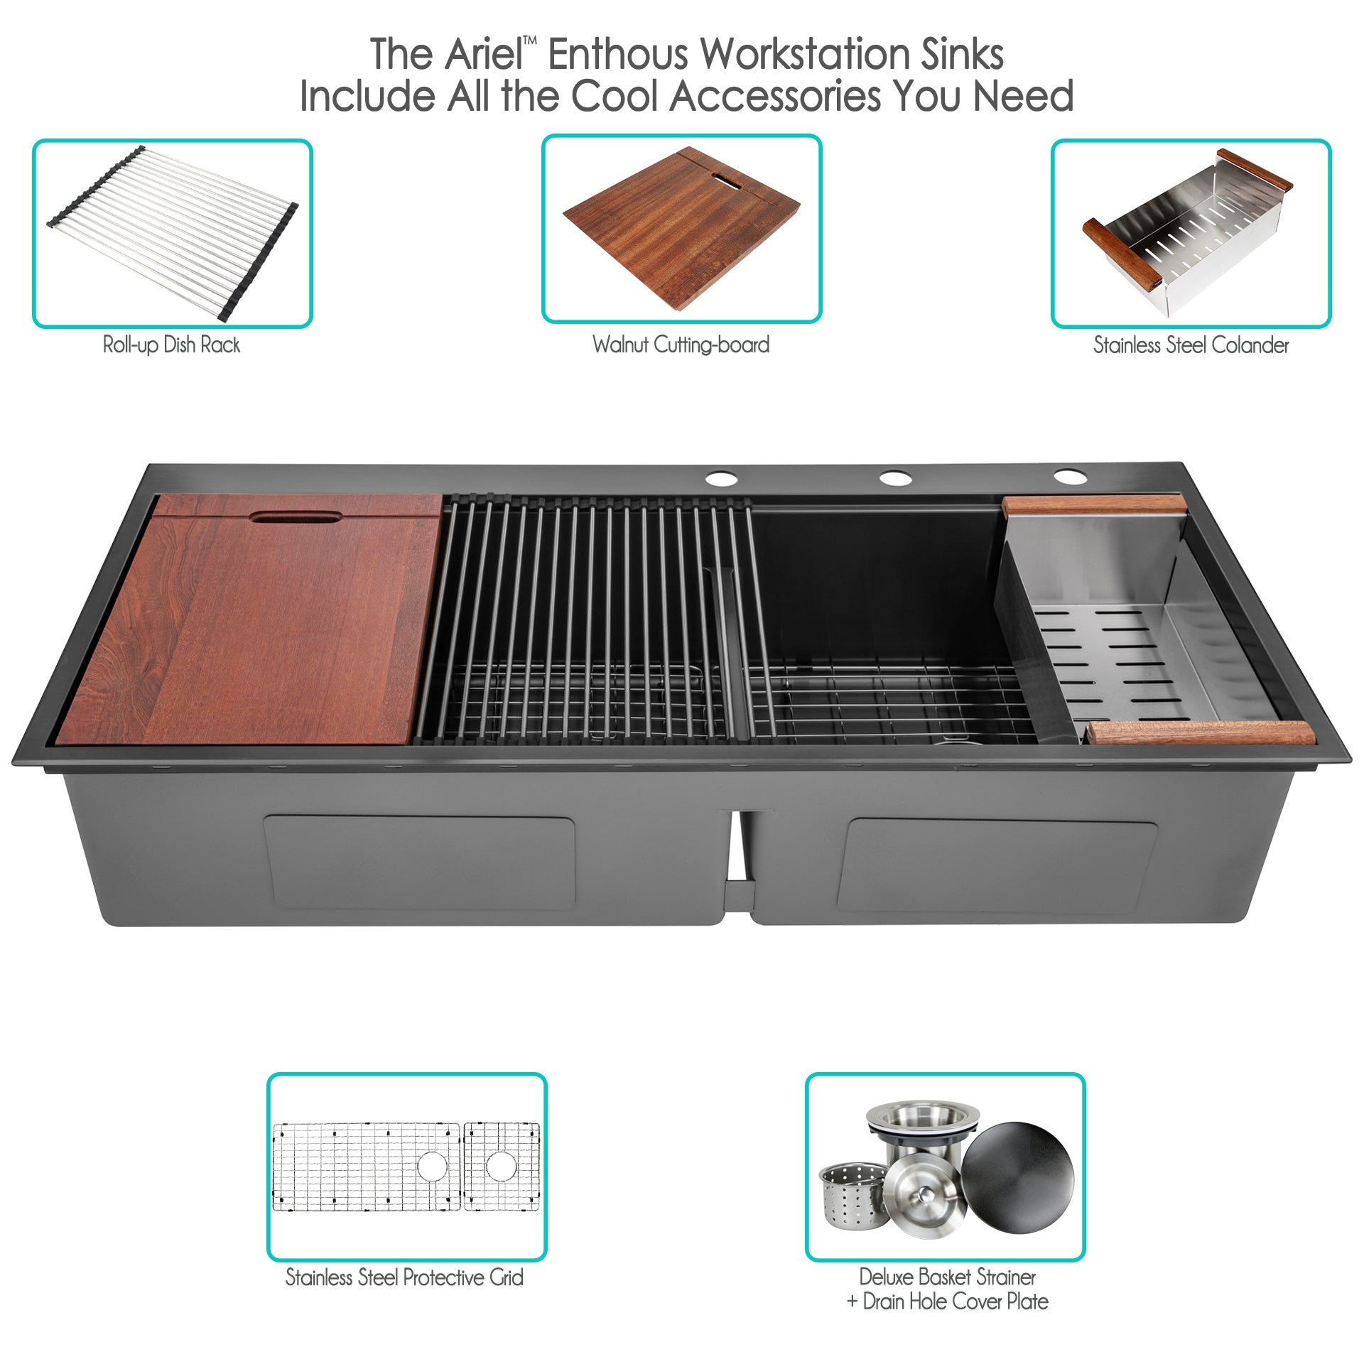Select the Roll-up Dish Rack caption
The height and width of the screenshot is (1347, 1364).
click(171, 345)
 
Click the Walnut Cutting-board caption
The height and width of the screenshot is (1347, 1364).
click(681, 345)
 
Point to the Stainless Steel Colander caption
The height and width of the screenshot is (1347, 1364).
click(1191, 345)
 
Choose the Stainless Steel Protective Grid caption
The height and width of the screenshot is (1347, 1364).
click(404, 1277)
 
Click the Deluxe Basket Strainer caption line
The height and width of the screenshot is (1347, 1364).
click(947, 1277)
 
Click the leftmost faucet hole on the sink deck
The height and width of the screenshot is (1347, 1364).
click(722, 478)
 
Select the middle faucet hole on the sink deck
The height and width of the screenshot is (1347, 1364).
click(896, 477)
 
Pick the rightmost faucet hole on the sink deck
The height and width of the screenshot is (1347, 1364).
click(1070, 476)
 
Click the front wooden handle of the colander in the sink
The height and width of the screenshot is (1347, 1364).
click(1201, 732)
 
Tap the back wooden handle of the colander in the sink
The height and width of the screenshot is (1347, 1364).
click(1094, 504)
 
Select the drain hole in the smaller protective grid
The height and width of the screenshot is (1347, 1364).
click(501, 1166)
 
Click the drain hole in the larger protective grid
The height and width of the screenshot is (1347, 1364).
click(432, 1166)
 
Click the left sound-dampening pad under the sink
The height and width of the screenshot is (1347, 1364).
click(419, 862)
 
